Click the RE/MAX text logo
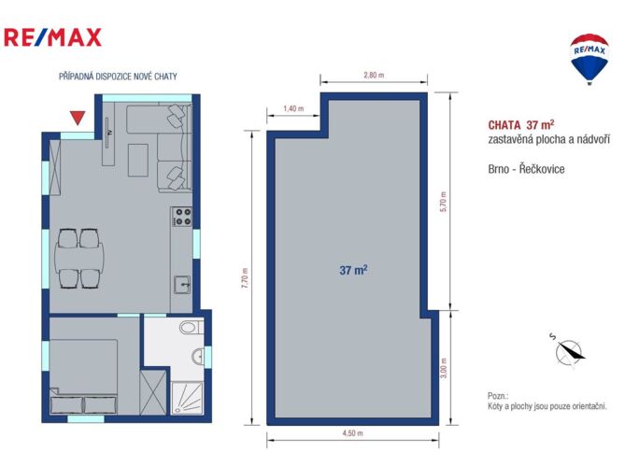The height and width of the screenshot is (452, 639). tap(52, 37)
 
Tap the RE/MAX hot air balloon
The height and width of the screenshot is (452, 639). tap(589, 59)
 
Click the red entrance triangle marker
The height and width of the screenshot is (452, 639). tap(77, 118)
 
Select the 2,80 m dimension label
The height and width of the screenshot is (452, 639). tap(374, 75)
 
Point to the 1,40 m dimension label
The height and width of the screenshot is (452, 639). tap(293, 108)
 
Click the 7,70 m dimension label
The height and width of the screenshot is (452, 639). tap(245, 278)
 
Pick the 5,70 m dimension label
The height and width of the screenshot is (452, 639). tap(444, 201)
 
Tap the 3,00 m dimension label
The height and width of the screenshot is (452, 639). tap(444, 368)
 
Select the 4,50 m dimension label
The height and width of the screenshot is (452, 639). tap(352, 433)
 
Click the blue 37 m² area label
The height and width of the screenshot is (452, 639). tap(353, 270)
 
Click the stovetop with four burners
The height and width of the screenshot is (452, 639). tap(182, 217)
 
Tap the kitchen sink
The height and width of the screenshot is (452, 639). tap(182, 285)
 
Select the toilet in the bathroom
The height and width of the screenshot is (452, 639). tap(192, 327)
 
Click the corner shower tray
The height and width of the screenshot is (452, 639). tap(187, 398)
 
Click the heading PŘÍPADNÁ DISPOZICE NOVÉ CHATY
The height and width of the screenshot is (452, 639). tap(118, 77)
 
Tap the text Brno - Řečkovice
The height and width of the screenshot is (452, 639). tap(526, 169)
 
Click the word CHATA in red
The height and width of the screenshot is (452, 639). tap(504, 125)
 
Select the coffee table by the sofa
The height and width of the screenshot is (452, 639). tap(138, 160)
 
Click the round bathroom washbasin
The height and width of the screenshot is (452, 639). tap(198, 356)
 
